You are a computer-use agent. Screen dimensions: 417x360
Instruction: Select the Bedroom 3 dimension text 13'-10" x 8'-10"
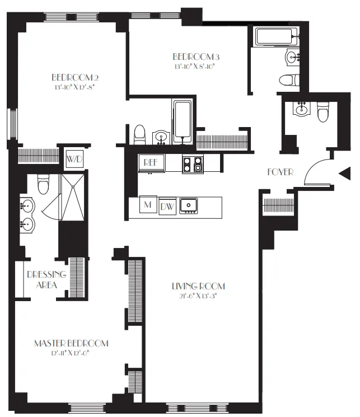click(195, 66)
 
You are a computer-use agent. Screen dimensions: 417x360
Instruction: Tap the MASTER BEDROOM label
click(71, 343)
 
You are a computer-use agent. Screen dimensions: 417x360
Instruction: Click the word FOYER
click(280, 172)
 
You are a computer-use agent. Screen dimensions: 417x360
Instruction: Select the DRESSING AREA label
click(46, 279)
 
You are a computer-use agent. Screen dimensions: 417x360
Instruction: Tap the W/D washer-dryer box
click(74, 159)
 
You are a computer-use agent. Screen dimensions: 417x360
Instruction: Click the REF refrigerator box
click(149, 162)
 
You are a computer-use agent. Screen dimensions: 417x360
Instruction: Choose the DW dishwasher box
click(167, 207)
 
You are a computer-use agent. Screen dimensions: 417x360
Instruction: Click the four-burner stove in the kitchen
click(193, 163)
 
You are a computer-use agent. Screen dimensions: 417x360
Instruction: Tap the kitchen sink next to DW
click(190, 206)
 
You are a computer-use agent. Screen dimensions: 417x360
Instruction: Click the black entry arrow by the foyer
click(345, 175)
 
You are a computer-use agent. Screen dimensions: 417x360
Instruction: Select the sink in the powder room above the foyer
click(301, 108)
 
